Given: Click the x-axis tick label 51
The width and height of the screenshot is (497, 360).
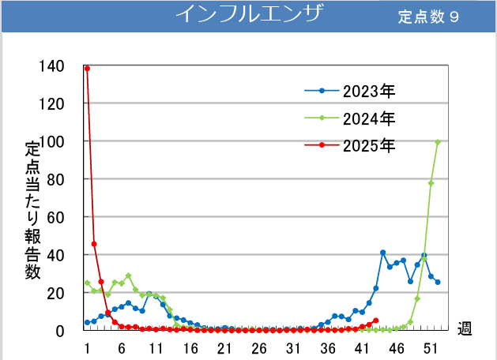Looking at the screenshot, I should coord(431,348).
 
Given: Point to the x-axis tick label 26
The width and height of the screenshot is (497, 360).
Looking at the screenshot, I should coord(259,348).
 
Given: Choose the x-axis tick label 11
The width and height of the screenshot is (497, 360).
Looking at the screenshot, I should coord(156,348).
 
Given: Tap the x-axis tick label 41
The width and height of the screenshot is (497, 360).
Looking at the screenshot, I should coord(363,348).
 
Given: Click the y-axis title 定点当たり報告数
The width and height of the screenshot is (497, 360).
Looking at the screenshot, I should coord(32,209).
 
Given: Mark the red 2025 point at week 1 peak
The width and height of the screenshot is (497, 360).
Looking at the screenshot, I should coord(87,69).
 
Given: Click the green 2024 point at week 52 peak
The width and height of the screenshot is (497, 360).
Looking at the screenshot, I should coord(438,142).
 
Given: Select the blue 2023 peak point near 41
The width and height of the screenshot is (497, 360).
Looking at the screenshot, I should coord(382,253).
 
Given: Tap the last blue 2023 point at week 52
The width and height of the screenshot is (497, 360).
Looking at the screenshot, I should coord(438,282).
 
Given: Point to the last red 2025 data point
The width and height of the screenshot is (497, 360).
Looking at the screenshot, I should coord(376,321).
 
